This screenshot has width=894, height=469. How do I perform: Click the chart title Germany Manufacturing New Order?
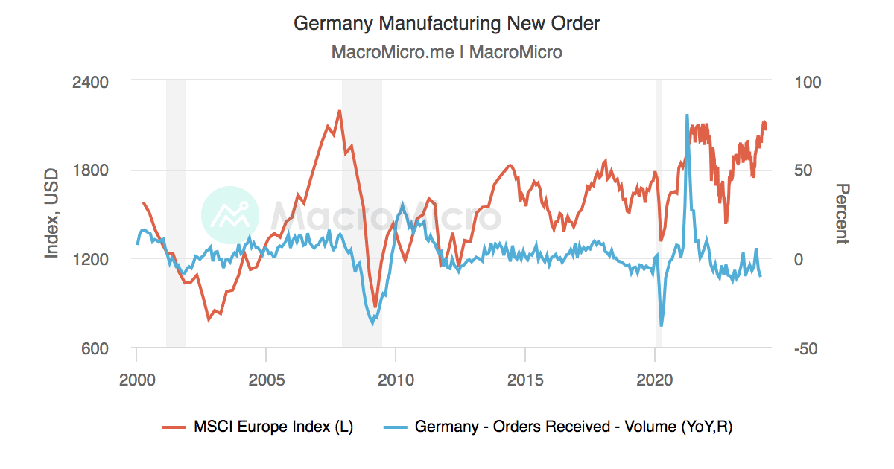446,24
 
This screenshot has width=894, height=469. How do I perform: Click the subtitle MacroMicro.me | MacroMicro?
446,52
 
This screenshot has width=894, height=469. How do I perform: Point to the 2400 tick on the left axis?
90,81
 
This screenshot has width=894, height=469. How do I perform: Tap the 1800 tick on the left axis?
90,170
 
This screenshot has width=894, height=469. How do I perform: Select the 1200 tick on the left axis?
90,259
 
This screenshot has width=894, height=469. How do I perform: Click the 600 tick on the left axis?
95,348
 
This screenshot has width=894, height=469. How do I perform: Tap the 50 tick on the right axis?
801,170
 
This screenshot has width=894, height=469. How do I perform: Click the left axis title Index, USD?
51,214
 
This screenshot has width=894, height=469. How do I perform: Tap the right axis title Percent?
841,214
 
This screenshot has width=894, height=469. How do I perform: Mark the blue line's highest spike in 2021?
687,115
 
